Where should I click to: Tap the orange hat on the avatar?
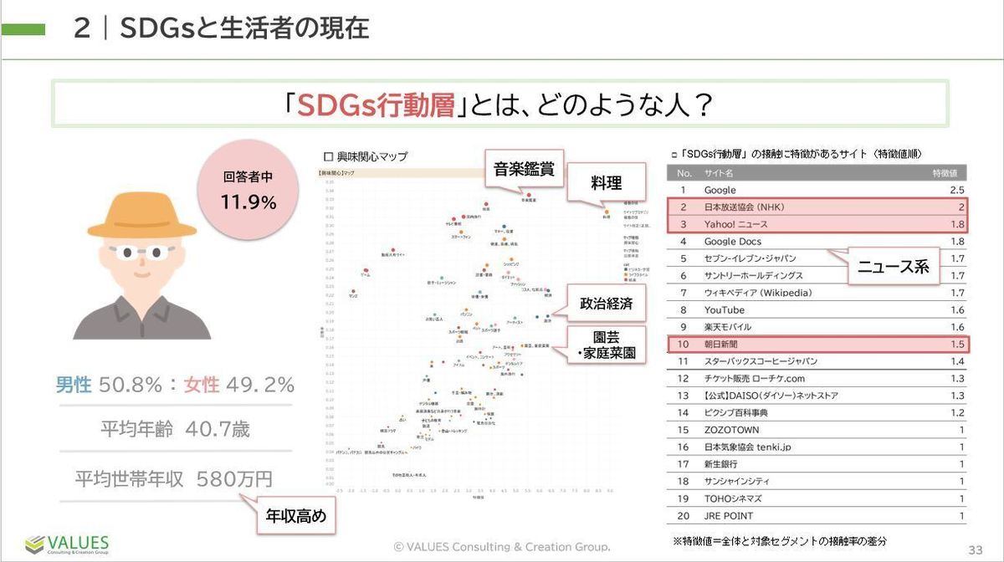pyautogui.click(x=141, y=215)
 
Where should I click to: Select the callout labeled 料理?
pyautogui.click(x=606, y=182)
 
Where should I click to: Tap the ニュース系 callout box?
pyautogui.click(x=893, y=267)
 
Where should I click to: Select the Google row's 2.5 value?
pyautogui.click(x=957, y=190)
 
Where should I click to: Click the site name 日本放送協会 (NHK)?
pyautogui.click(x=744, y=207)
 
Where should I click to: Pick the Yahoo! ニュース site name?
pyautogui.click(x=735, y=224)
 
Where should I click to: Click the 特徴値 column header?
pyautogui.click(x=949, y=173)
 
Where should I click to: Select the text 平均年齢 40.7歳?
pyautogui.click(x=175, y=430)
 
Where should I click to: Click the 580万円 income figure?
pyautogui.click(x=234, y=479)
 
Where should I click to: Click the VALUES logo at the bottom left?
pyautogui.click(x=67, y=544)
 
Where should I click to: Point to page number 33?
pyautogui.click(x=975, y=549)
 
